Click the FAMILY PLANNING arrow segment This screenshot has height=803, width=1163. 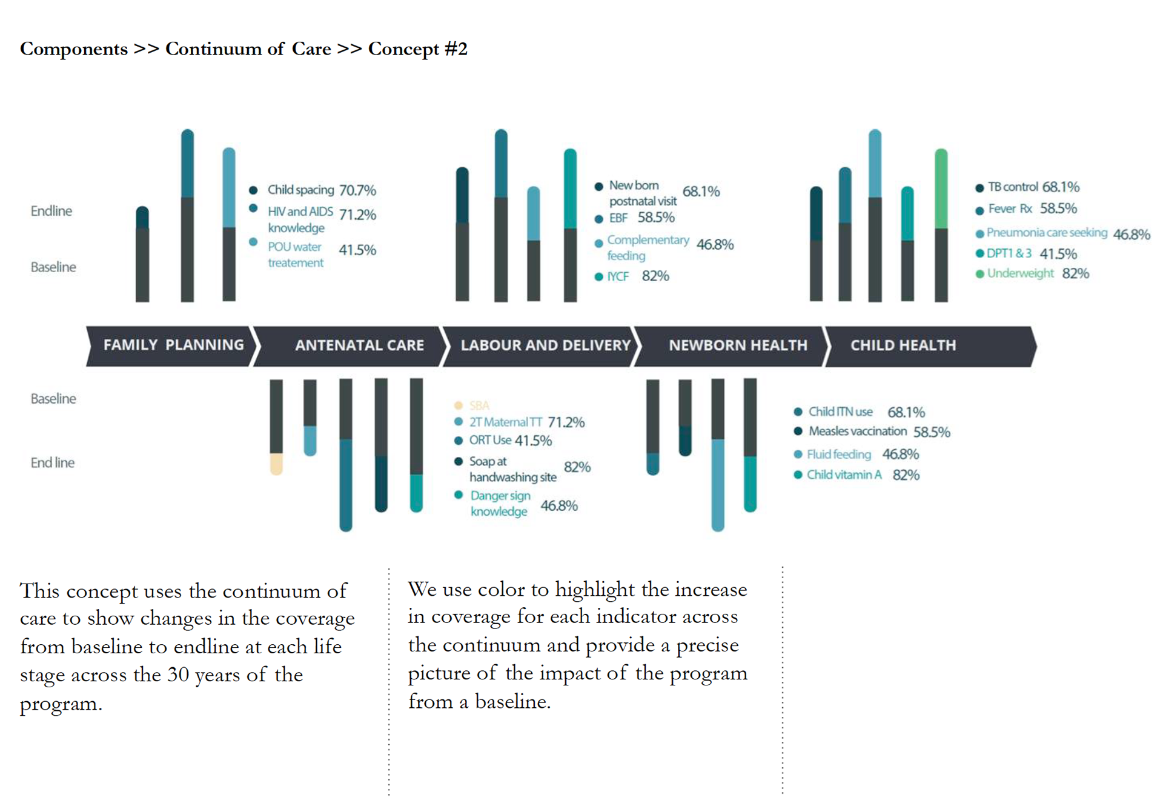click(173, 345)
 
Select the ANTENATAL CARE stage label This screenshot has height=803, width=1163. click(359, 345)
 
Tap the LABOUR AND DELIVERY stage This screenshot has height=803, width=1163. click(545, 345)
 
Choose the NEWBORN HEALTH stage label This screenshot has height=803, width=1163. click(738, 345)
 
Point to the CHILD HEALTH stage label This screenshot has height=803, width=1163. click(903, 345)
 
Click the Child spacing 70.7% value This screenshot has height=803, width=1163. click(357, 190)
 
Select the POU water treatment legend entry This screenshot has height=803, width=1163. click(296, 255)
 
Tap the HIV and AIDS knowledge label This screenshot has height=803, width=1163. click(300, 219)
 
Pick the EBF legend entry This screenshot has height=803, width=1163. click(618, 218)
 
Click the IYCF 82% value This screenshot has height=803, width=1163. click(655, 276)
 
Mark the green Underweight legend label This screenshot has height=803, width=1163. click(1020, 273)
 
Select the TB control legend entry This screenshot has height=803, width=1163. click(1012, 187)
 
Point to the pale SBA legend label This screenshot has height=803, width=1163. click(479, 405)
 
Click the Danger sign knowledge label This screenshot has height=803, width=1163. click(500, 504)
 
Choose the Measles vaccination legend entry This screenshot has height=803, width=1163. click(857, 431)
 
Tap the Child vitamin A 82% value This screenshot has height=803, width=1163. click(906, 475)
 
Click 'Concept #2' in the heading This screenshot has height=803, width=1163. click(417, 48)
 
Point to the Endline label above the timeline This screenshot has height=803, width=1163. click(51, 211)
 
